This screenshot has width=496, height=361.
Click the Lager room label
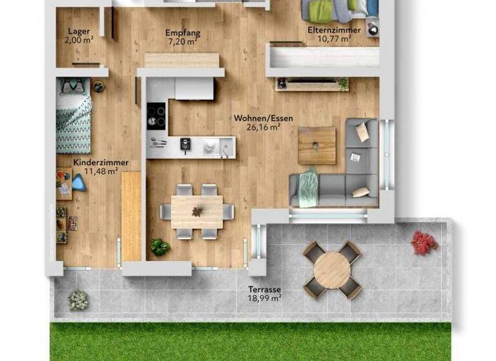point(79,31)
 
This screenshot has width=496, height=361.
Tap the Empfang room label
point(183,32)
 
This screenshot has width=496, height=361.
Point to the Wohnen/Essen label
point(263,118)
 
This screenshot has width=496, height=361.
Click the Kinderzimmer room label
point(100,163)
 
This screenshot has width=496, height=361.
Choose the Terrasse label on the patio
point(264,289)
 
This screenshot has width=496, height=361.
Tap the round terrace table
point(332,269)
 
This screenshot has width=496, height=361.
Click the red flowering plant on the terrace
point(424,242)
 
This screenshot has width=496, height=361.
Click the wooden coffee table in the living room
point(317,145)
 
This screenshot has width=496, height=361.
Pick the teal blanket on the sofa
point(308,187)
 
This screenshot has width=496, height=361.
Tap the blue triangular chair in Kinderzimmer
point(79,183)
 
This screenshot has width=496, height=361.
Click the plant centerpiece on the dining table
point(197,211)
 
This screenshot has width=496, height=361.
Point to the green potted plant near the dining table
point(160,246)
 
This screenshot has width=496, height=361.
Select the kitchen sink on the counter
point(211,148)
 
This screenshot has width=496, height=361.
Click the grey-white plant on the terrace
point(78,299)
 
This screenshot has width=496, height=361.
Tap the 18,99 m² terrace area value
point(264,298)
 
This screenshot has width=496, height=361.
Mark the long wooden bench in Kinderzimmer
point(131,215)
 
